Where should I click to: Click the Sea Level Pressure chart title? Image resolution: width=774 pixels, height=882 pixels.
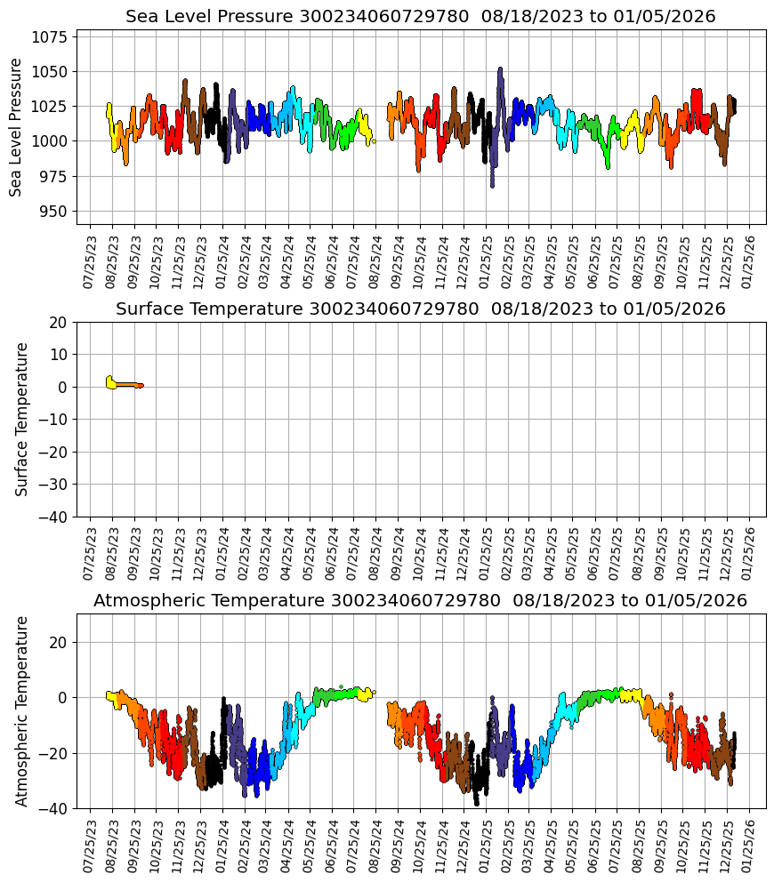420,17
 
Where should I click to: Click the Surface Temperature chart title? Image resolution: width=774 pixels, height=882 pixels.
420,309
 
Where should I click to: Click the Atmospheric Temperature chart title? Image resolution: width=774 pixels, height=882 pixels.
420,601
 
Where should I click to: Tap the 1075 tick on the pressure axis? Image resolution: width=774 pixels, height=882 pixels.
52,37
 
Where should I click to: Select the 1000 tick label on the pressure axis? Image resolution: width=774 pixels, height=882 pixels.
52,141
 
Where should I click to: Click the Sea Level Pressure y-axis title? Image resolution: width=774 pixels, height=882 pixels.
16,127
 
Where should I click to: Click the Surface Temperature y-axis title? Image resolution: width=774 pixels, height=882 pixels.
22,419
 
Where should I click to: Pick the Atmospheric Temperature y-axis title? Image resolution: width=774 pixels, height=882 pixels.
22,710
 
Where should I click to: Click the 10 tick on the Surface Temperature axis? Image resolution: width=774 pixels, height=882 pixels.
60,355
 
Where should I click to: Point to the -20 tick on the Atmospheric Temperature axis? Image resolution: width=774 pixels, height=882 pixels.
54,754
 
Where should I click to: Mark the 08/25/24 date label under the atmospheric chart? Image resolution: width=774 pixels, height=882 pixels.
375,846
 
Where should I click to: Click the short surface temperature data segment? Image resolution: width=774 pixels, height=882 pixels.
125,384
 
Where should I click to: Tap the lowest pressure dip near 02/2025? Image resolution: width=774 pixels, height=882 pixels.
492,185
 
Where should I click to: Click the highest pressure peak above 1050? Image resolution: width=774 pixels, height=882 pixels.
500,68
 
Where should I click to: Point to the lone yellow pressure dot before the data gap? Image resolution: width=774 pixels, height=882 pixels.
374,140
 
